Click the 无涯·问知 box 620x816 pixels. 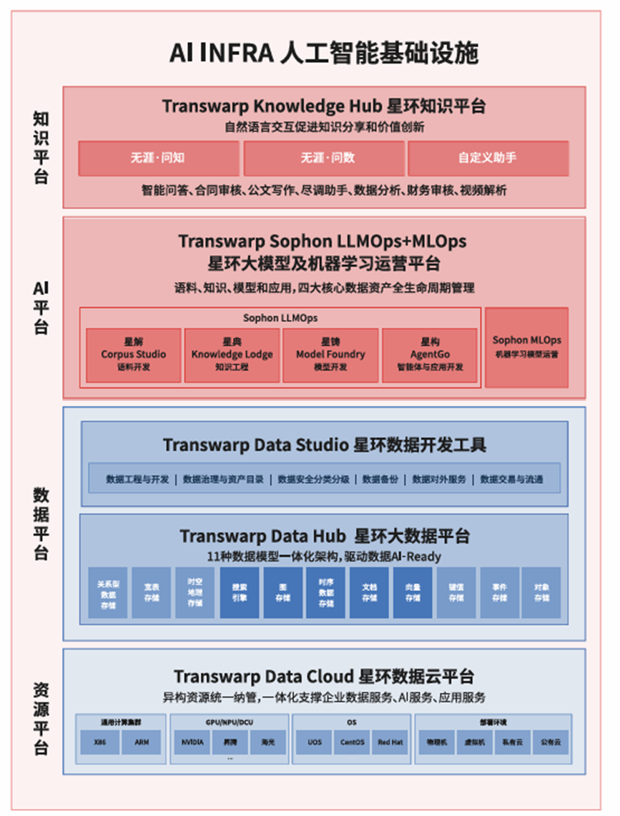(158, 158)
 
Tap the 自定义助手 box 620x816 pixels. (488, 158)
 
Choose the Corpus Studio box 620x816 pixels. (134, 354)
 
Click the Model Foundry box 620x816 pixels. (330, 354)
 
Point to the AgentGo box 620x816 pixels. (429, 354)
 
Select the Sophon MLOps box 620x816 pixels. (526, 347)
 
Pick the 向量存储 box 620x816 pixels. (413, 592)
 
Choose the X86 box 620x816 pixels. (100, 742)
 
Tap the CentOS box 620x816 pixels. (353, 742)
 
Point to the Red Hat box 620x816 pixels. (390, 742)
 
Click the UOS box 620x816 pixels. (315, 742)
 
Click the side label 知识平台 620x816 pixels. (41, 147)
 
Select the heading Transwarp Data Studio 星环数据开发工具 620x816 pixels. (324, 444)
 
